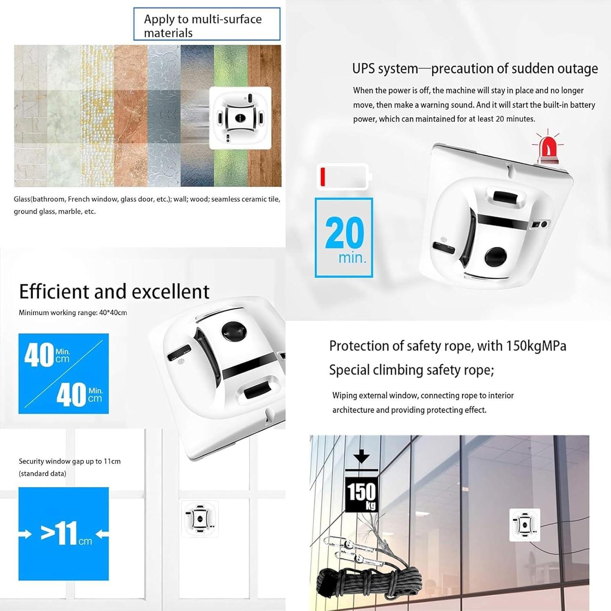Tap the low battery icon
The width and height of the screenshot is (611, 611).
click(x=344, y=176)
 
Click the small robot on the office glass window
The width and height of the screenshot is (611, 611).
click(x=525, y=525)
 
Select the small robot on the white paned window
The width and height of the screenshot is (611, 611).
click(x=200, y=518)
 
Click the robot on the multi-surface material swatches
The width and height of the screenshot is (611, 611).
click(x=240, y=118)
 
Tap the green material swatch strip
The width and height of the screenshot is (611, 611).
click(x=231, y=116)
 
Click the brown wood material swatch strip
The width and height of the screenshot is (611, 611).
click(x=264, y=116)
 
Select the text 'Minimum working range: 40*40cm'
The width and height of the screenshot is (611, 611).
click(x=73, y=313)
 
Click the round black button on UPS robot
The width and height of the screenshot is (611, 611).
click(x=496, y=257)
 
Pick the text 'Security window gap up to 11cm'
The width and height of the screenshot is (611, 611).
click(x=70, y=462)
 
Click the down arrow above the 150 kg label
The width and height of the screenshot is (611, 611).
click(x=361, y=456)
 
